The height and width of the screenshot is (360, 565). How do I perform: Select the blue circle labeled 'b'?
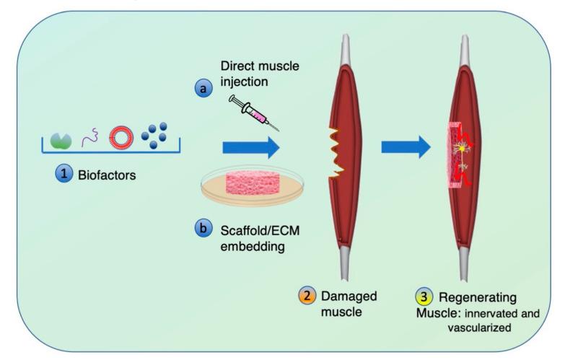click(x=204, y=229)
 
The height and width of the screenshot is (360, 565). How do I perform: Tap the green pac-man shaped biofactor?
click(x=61, y=136)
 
